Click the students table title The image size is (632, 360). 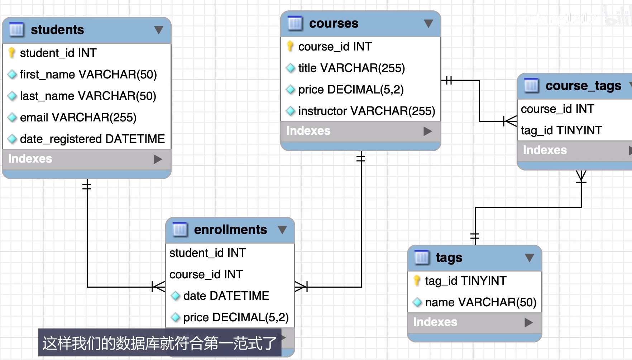(57, 30)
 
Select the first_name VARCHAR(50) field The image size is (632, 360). (88, 75)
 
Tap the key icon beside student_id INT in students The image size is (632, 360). (12, 53)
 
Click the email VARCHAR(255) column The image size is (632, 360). (78, 117)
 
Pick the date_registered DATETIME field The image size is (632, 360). (92, 139)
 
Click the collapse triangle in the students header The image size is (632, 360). (159, 30)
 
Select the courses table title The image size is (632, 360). (334, 24)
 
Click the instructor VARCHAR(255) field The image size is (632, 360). (367, 111)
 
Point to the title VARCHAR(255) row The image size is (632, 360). (351, 68)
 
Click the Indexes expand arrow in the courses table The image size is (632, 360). (427, 131)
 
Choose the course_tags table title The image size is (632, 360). (583, 86)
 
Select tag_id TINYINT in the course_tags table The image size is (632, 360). (561, 130)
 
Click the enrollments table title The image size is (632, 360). (230, 230)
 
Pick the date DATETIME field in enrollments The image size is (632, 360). (226, 296)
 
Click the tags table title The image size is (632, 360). (449, 258)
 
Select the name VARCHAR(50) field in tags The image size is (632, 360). (480, 302)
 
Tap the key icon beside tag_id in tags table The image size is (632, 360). (417, 281)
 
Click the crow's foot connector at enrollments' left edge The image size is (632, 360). (159, 287)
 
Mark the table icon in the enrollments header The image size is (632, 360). (180, 230)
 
